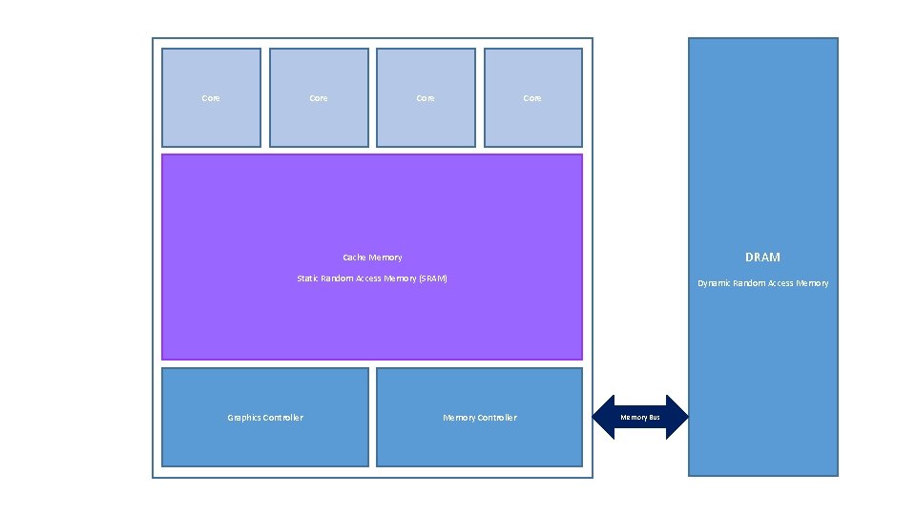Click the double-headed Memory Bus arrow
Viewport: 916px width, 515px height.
tap(640, 417)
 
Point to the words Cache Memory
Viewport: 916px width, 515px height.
tap(372, 257)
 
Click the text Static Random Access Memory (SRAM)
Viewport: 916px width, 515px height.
tap(372, 278)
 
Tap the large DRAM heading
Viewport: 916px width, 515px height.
tap(762, 257)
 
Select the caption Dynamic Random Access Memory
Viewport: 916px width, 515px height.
tap(762, 283)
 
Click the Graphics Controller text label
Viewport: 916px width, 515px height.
tap(264, 418)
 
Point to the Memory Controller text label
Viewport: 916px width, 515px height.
tap(479, 418)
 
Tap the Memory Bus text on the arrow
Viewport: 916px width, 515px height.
tap(640, 418)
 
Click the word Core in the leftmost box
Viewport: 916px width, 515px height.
tap(211, 98)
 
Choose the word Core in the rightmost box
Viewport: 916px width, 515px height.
tap(532, 98)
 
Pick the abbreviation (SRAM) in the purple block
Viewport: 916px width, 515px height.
tap(432, 278)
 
